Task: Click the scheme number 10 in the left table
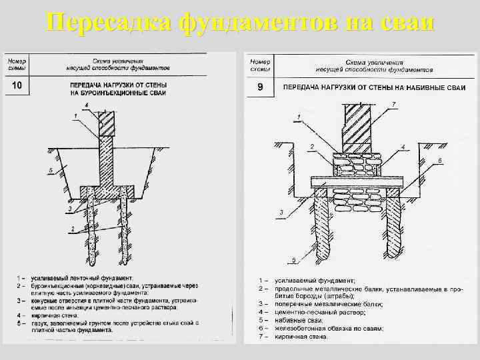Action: [17, 85]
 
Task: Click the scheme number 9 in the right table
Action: [260, 87]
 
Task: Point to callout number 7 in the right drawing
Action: [394, 104]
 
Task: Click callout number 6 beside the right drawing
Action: [439, 161]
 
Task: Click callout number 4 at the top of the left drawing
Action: [87, 104]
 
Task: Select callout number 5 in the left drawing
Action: [51, 171]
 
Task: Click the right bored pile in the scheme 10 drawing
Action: [125, 223]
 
